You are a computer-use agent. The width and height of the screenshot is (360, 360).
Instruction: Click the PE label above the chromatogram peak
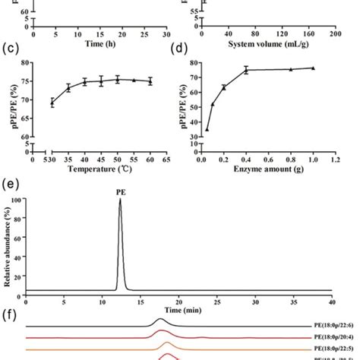pyautogui.click(x=120, y=192)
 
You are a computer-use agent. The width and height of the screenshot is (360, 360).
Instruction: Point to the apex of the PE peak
pyautogui.click(x=120, y=201)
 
